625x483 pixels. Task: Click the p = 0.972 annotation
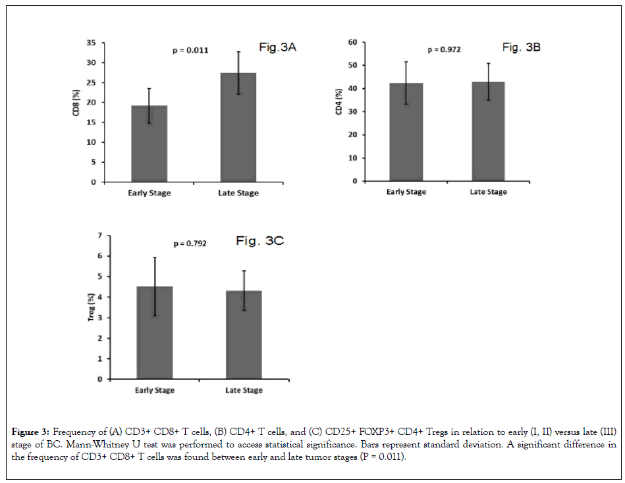pos(444,49)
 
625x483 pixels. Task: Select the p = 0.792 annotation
pos(190,243)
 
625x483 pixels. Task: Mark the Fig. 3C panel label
pos(259,241)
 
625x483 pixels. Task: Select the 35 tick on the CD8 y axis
pos(90,43)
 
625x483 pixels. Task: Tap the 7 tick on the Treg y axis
pos(99,236)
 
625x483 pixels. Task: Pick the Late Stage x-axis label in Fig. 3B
pos(488,192)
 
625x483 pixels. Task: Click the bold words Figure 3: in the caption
pos(32,432)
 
